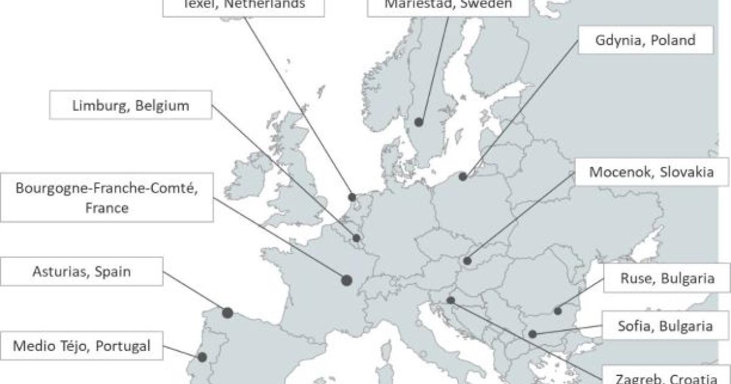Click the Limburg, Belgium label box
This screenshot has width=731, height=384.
(131, 105)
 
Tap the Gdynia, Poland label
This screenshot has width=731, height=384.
(644, 40)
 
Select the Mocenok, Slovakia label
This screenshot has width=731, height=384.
(651, 172)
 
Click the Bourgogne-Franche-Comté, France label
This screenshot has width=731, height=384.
(107, 197)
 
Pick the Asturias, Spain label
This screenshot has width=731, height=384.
(82, 272)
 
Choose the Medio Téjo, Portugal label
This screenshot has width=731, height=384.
(82, 346)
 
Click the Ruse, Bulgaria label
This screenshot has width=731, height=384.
(666, 279)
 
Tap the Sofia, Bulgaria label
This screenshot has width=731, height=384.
(666, 326)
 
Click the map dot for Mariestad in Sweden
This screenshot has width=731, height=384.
(418, 123)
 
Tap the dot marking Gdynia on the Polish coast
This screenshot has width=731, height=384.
(463, 177)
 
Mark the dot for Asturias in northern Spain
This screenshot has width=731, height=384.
(227, 313)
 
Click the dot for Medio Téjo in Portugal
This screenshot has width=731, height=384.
(202, 357)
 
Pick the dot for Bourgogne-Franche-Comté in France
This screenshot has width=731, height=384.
(347, 280)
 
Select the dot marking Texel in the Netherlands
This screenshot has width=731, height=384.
(352, 197)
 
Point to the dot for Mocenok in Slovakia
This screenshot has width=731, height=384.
(467, 261)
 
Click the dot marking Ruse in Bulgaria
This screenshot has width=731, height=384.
(557, 311)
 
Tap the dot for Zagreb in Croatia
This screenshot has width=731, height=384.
(450, 300)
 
